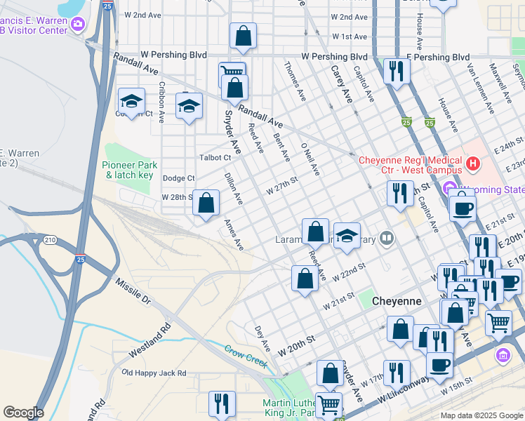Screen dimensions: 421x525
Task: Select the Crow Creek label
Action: coord(246,354)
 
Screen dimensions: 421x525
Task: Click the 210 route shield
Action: coord(49,240)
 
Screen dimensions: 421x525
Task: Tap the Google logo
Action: coord(23,412)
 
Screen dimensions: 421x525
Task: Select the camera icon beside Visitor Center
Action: coord(77,25)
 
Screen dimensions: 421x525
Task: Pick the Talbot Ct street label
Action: coord(215,158)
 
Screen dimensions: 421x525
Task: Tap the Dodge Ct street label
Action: coord(178,179)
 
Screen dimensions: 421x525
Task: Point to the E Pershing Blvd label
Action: coord(437,57)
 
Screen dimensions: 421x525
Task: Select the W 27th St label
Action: coord(282,185)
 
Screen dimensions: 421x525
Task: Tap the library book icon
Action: coord(386,239)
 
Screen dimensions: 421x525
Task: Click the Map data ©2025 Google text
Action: coord(481,415)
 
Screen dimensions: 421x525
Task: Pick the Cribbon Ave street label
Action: coord(161,103)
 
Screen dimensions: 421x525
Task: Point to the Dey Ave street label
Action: coord(262,338)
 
